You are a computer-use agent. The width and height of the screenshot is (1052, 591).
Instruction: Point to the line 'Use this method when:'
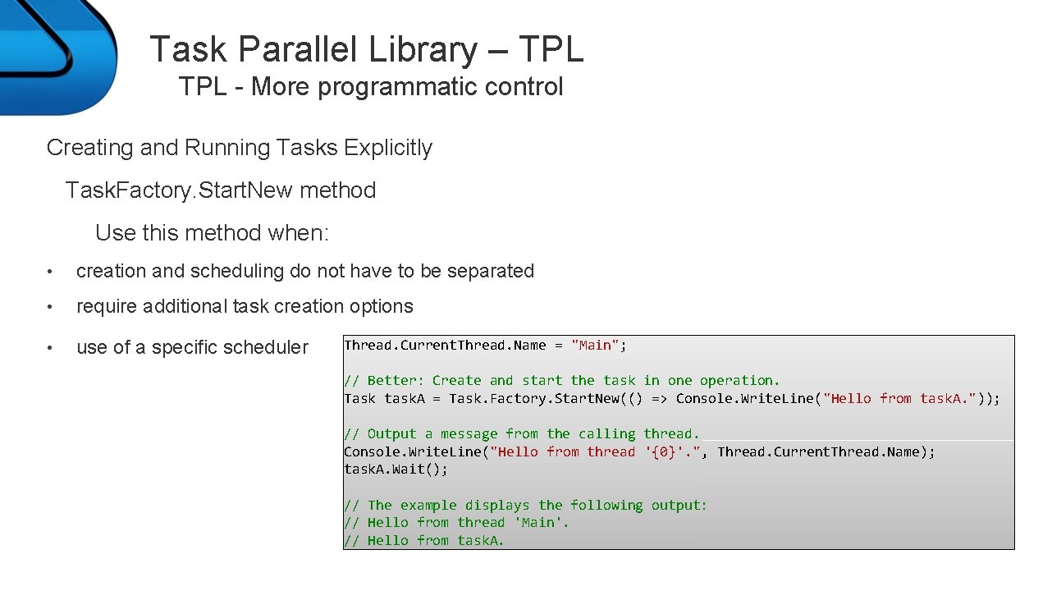click(212, 233)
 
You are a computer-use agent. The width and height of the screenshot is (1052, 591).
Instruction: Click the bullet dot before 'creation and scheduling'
click(51, 272)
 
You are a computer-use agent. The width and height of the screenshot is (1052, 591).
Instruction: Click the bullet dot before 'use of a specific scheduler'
click(51, 348)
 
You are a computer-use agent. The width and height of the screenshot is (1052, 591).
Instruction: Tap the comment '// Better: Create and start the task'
click(492, 381)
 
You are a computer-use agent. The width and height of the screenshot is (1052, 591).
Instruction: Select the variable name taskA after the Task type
click(404, 399)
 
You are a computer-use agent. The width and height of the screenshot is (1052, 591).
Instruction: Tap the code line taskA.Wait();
click(396, 470)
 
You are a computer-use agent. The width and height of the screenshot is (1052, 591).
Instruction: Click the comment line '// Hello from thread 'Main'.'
click(456, 523)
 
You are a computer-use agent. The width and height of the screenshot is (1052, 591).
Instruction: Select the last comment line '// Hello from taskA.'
click(423, 540)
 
